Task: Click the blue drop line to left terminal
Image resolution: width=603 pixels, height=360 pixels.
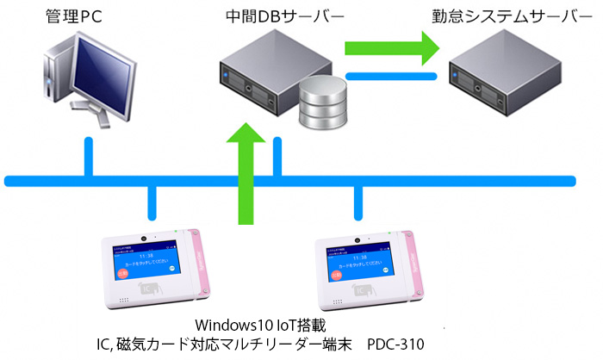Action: (x=153, y=203)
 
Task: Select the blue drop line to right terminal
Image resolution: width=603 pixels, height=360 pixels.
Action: (x=357, y=203)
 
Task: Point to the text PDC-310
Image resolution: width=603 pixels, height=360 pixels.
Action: (x=396, y=344)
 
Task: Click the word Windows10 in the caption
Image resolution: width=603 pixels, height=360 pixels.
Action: (x=230, y=326)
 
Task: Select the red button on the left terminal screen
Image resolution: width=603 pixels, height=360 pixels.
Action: (x=121, y=274)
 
